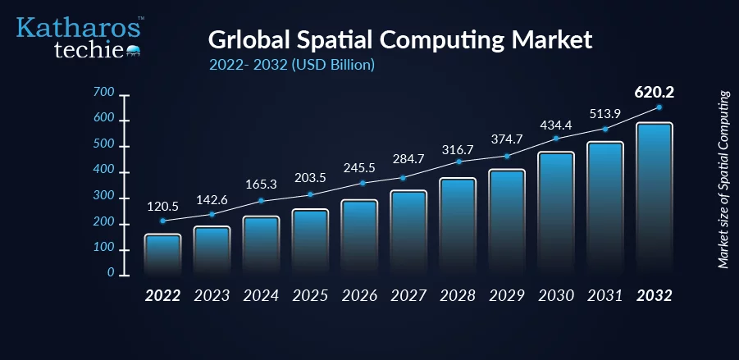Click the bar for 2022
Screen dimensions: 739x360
[x=162, y=254]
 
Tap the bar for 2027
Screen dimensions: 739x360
[x=408, y=233]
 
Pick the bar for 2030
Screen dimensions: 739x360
[x=556, y=213]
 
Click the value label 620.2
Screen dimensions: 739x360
[x=655, y=93]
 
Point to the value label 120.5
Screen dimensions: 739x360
[x=162, y=207]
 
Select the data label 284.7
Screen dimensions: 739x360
[x=408, y=159]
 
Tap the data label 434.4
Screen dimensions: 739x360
[x=556, y=126]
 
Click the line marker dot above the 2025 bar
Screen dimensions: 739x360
[x=310, y=194]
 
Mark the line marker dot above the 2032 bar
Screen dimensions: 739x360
[x=659, y=107]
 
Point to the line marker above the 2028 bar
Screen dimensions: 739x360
[x=458, y=162]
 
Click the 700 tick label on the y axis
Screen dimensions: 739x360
[x=103, y=93]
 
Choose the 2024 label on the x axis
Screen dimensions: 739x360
[x=261, y=296]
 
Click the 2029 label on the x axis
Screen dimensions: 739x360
[x=507, y=296]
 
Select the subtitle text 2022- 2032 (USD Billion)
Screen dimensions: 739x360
[x=292, y=65]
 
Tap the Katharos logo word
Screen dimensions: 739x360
[x=78, y=28]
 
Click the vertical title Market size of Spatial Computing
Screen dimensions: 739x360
[x=723, y=180]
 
